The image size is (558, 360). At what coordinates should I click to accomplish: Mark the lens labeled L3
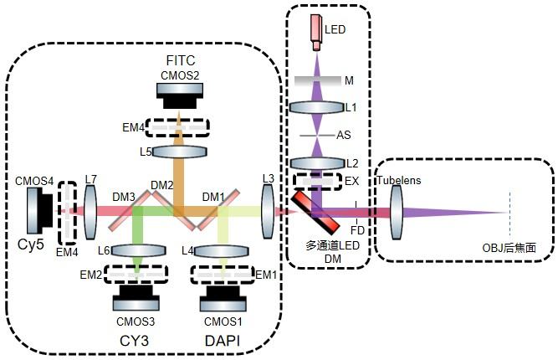coord(269,211)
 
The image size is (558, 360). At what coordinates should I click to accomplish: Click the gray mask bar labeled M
coord(317,80)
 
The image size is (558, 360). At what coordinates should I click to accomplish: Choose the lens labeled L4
coord(223,250)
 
